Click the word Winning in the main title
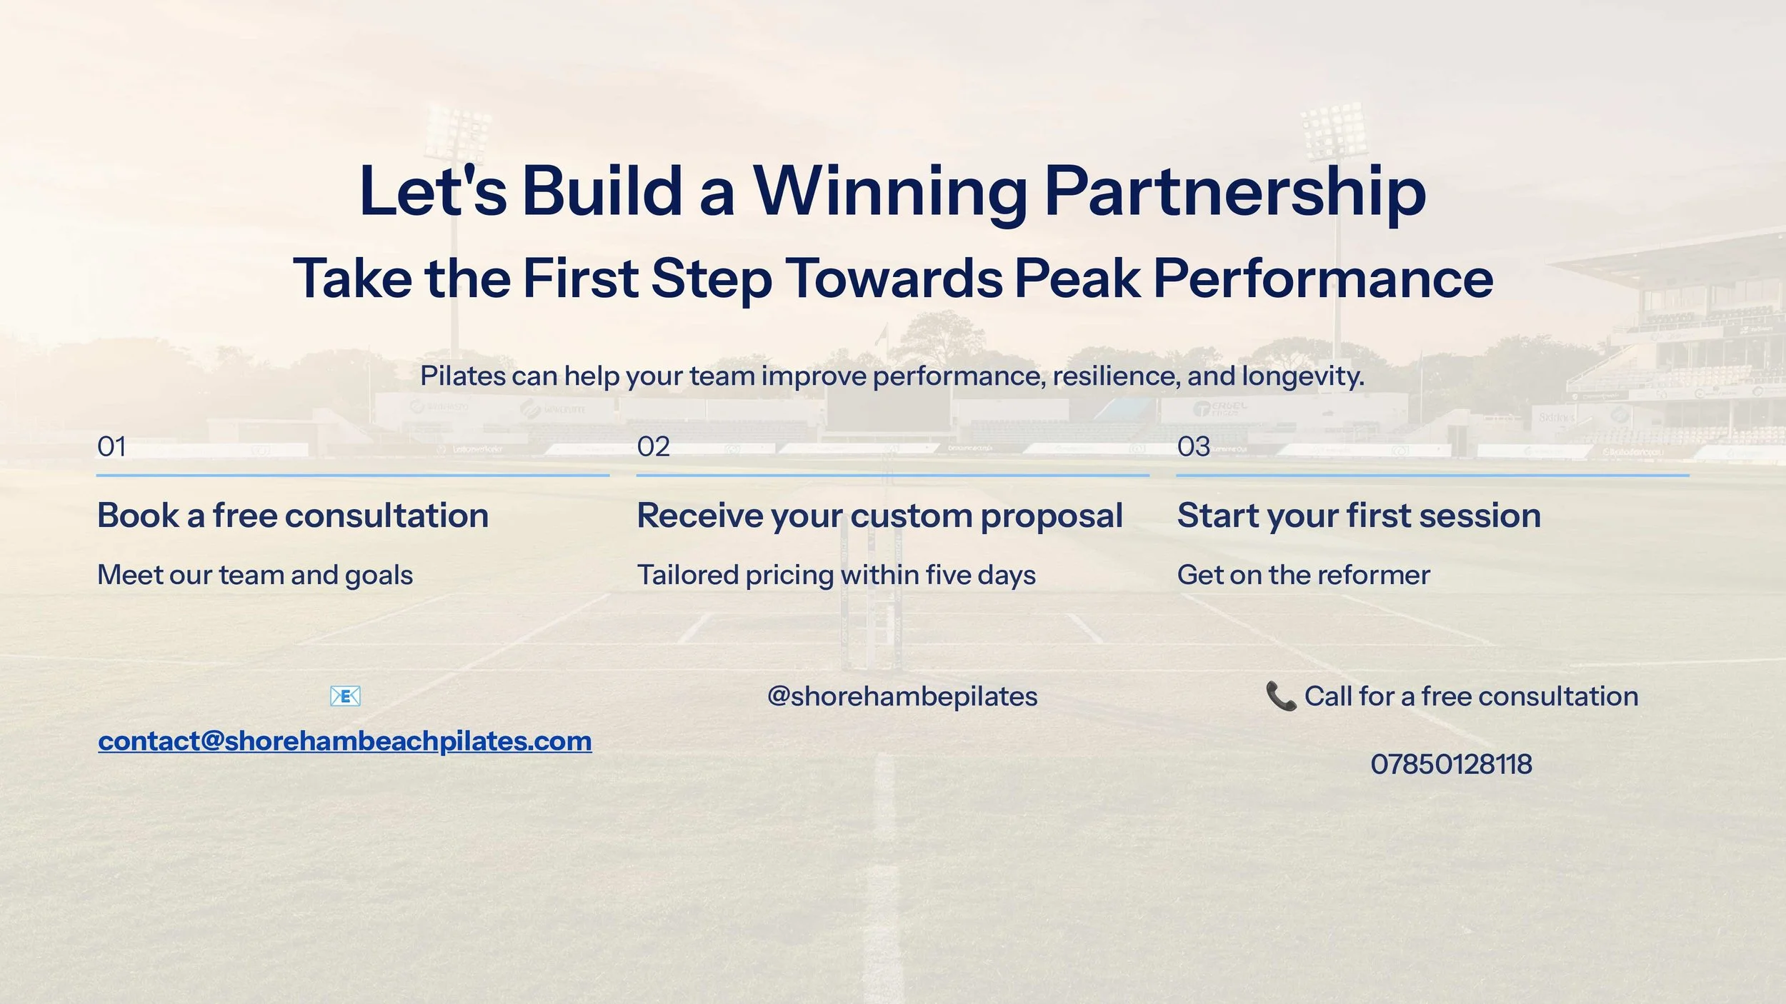tap(890, 191)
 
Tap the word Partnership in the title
tap(1235, 191)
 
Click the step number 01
tap(111, 447)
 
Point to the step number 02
tap(654, 447)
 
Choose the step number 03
tap(1194, 447)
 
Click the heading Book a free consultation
tap(293, 516)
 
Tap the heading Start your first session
tap(1359, 516)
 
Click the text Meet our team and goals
tap(255, 576)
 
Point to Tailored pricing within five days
tap(837, 576)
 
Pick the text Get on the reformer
tap(1304, 575)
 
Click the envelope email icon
tap(345, 696)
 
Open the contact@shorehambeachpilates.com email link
tap(345, 741)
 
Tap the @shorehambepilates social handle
tap(902, 697)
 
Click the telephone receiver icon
tap(1281, 696)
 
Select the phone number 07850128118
tap(1451, 764)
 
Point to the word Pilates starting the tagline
tap(453, 376)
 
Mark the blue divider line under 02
tap(893, 475)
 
